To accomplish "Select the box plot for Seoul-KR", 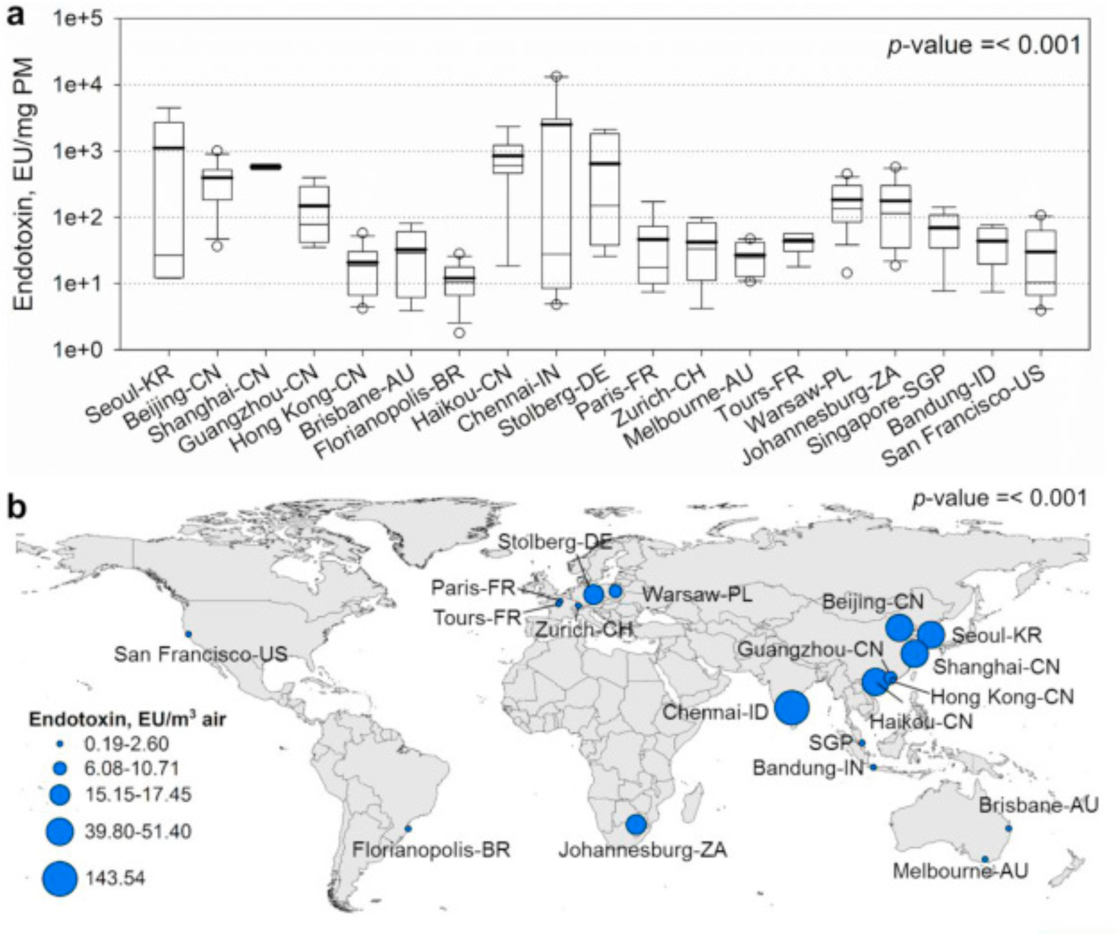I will tap(169, 201).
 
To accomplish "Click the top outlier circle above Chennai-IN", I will tap(556, 76).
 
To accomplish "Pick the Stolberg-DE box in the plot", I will tap(605, 189).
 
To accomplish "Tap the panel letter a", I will tap(15, 15).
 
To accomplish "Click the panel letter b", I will tap(16, 506).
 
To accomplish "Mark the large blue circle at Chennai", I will tap(792, 708).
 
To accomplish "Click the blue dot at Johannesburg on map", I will tap(636, 824).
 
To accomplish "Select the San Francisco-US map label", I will tap(201, 654).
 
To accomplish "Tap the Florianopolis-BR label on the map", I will tap(431, 849).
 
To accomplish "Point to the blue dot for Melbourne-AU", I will tap(985, 859).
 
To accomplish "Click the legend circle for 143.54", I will tap(60, 878).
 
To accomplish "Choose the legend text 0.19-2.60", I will tap(127, 744).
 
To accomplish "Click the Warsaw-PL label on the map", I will tap(697, 594).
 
